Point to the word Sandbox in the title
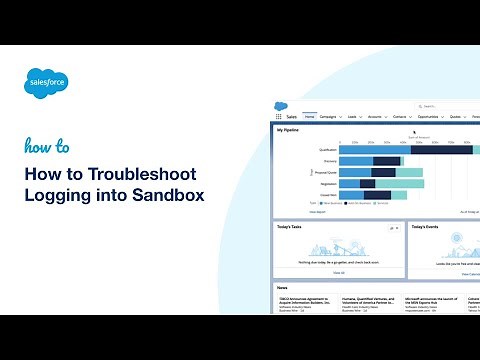(170, 194)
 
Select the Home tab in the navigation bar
(310, 116)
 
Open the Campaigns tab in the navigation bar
(333, 116)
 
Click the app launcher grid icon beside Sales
(279, 116)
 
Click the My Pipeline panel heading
(288, 129)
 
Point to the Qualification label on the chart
(327, 149)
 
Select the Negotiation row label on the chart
(327, 183)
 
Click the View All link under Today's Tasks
(339, 272)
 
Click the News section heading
(284, 288)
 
